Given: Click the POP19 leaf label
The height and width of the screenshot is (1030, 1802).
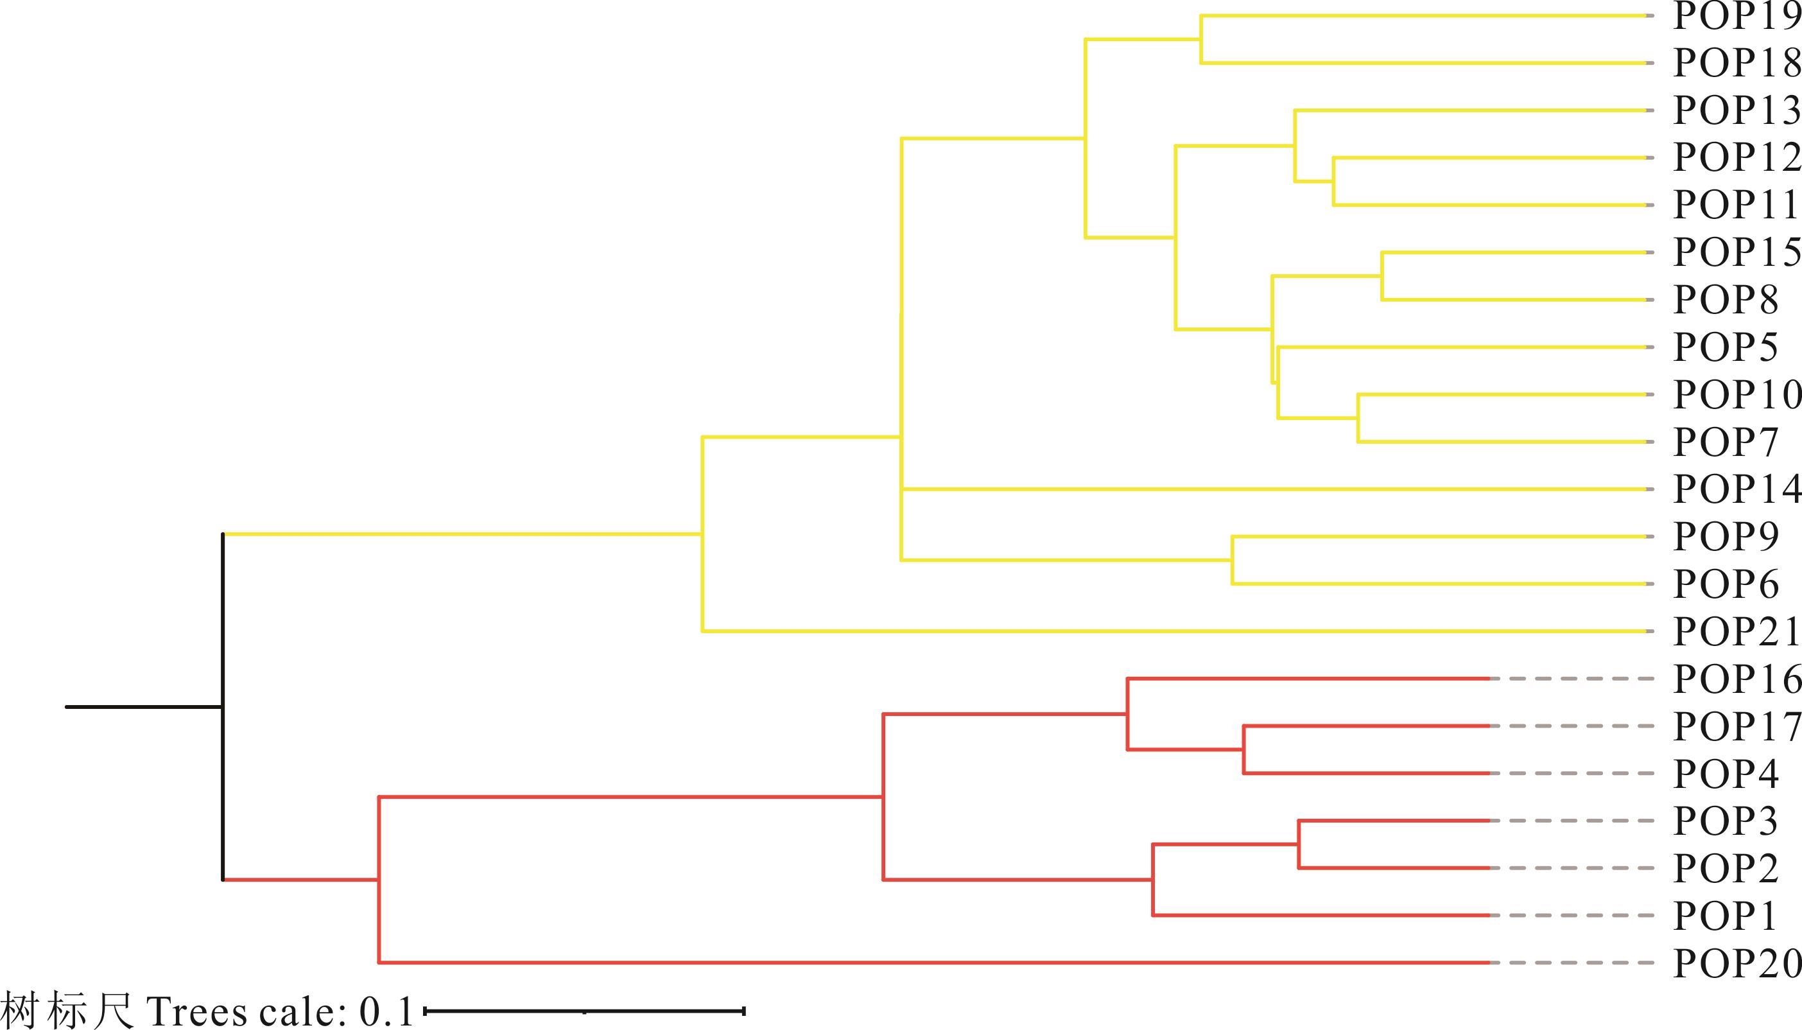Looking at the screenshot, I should pyautogui.click(x=1737, y=15).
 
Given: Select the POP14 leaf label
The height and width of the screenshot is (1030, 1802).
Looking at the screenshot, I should pyautogui.click(x=1737, y=489).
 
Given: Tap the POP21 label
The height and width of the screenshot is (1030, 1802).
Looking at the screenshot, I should pyautogui.click(x=1737, y=631).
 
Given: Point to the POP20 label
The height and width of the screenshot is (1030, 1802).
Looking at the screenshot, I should pyautogui.click(x=1737, y=963).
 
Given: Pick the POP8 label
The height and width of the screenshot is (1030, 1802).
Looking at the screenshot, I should pyautogui.click(x=1726, y=300).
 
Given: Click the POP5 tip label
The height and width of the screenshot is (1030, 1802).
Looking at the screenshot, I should pyautogui.click(x=1726, y=347).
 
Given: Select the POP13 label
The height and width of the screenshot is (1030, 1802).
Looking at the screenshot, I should pyautogui.click(x=1737, y=110).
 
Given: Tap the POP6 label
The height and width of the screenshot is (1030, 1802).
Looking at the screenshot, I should pyautogui.click(x=1726, y=584).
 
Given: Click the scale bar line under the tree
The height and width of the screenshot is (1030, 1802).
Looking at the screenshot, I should pyautogui.click(x=584, y=1011).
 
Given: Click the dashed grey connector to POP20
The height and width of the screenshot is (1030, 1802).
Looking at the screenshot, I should pyautogui.click(x=1572, y=963).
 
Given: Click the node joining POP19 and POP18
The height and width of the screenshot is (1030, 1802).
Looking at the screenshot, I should pyautogui.click(x=1201, y=40).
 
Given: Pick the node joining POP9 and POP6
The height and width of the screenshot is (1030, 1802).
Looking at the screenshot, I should pyautogui.click(x=1232, y=561).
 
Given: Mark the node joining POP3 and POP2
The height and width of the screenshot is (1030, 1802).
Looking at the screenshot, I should pyautogui.click(x=1299, y=844).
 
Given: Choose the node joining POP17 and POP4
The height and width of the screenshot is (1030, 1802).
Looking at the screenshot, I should pyautogui.click(x=1244, y=749).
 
